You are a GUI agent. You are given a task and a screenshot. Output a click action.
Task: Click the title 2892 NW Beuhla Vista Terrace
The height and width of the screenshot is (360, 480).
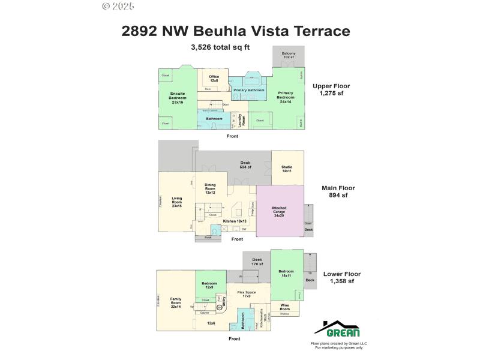pos(236,31)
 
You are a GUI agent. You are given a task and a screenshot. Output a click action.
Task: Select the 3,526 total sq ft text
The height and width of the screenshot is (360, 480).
pos(220,47)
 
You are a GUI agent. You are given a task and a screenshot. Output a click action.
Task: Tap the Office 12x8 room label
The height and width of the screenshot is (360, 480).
pos(214,79)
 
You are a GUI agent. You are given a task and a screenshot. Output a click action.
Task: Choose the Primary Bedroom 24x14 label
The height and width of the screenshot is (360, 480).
pos(286,97)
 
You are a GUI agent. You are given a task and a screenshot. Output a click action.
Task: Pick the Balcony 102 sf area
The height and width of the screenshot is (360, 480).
pos(289,56)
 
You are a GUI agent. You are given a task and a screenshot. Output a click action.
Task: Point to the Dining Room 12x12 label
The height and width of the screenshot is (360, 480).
pos(209,189)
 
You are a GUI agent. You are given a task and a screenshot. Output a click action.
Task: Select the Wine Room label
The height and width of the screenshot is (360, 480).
pos(285,307)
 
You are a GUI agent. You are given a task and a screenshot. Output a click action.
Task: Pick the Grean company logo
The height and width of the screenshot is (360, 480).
pos(337,329)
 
